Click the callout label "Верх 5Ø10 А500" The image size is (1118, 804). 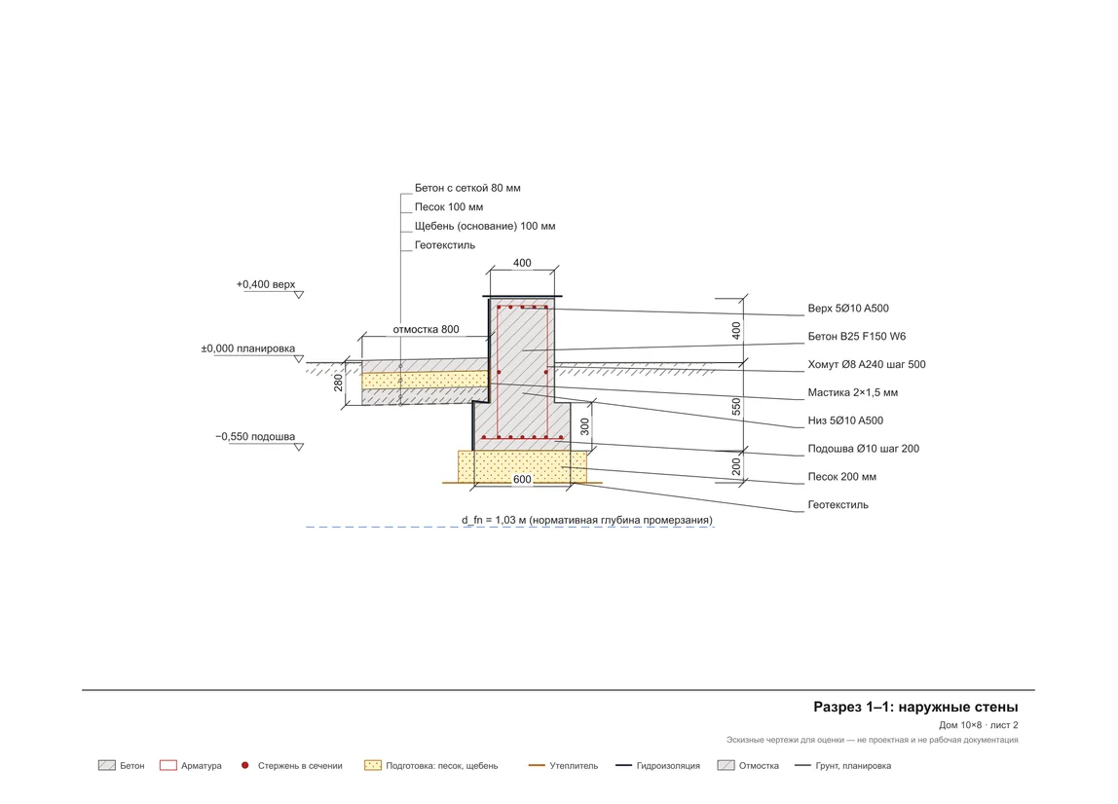[x=848, y=309]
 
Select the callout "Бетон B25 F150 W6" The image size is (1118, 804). [x=856, y=337]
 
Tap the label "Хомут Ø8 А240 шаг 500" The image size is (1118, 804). [x=867, y=364]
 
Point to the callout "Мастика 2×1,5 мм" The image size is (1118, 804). [x=853, y=392]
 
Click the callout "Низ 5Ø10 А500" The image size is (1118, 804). [x=845, y=420]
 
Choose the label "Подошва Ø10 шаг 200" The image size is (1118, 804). [x=864, y=449]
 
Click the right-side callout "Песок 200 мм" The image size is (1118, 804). [x=841, y=477]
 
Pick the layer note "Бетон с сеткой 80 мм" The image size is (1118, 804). [x=467, y=188]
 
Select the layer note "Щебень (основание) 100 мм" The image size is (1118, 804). [x=485, y=226]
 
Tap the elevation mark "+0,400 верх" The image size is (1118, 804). [x=265, y=284]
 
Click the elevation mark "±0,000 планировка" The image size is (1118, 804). [x=247, y=348]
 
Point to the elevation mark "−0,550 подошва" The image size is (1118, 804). [x=254, y=436]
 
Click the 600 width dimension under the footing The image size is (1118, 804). [x=522, y=480]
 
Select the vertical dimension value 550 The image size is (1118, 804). [x=736, y=407]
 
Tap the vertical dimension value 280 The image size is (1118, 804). [x=338, y=383]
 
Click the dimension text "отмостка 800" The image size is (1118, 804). [x=426, y=329]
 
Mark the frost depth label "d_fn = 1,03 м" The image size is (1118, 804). [x=494, y=521]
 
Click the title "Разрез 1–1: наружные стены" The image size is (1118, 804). [x=915, y=707]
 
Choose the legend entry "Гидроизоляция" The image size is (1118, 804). [x=668, y=766]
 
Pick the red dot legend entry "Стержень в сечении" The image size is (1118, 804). [x=300, y=766]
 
